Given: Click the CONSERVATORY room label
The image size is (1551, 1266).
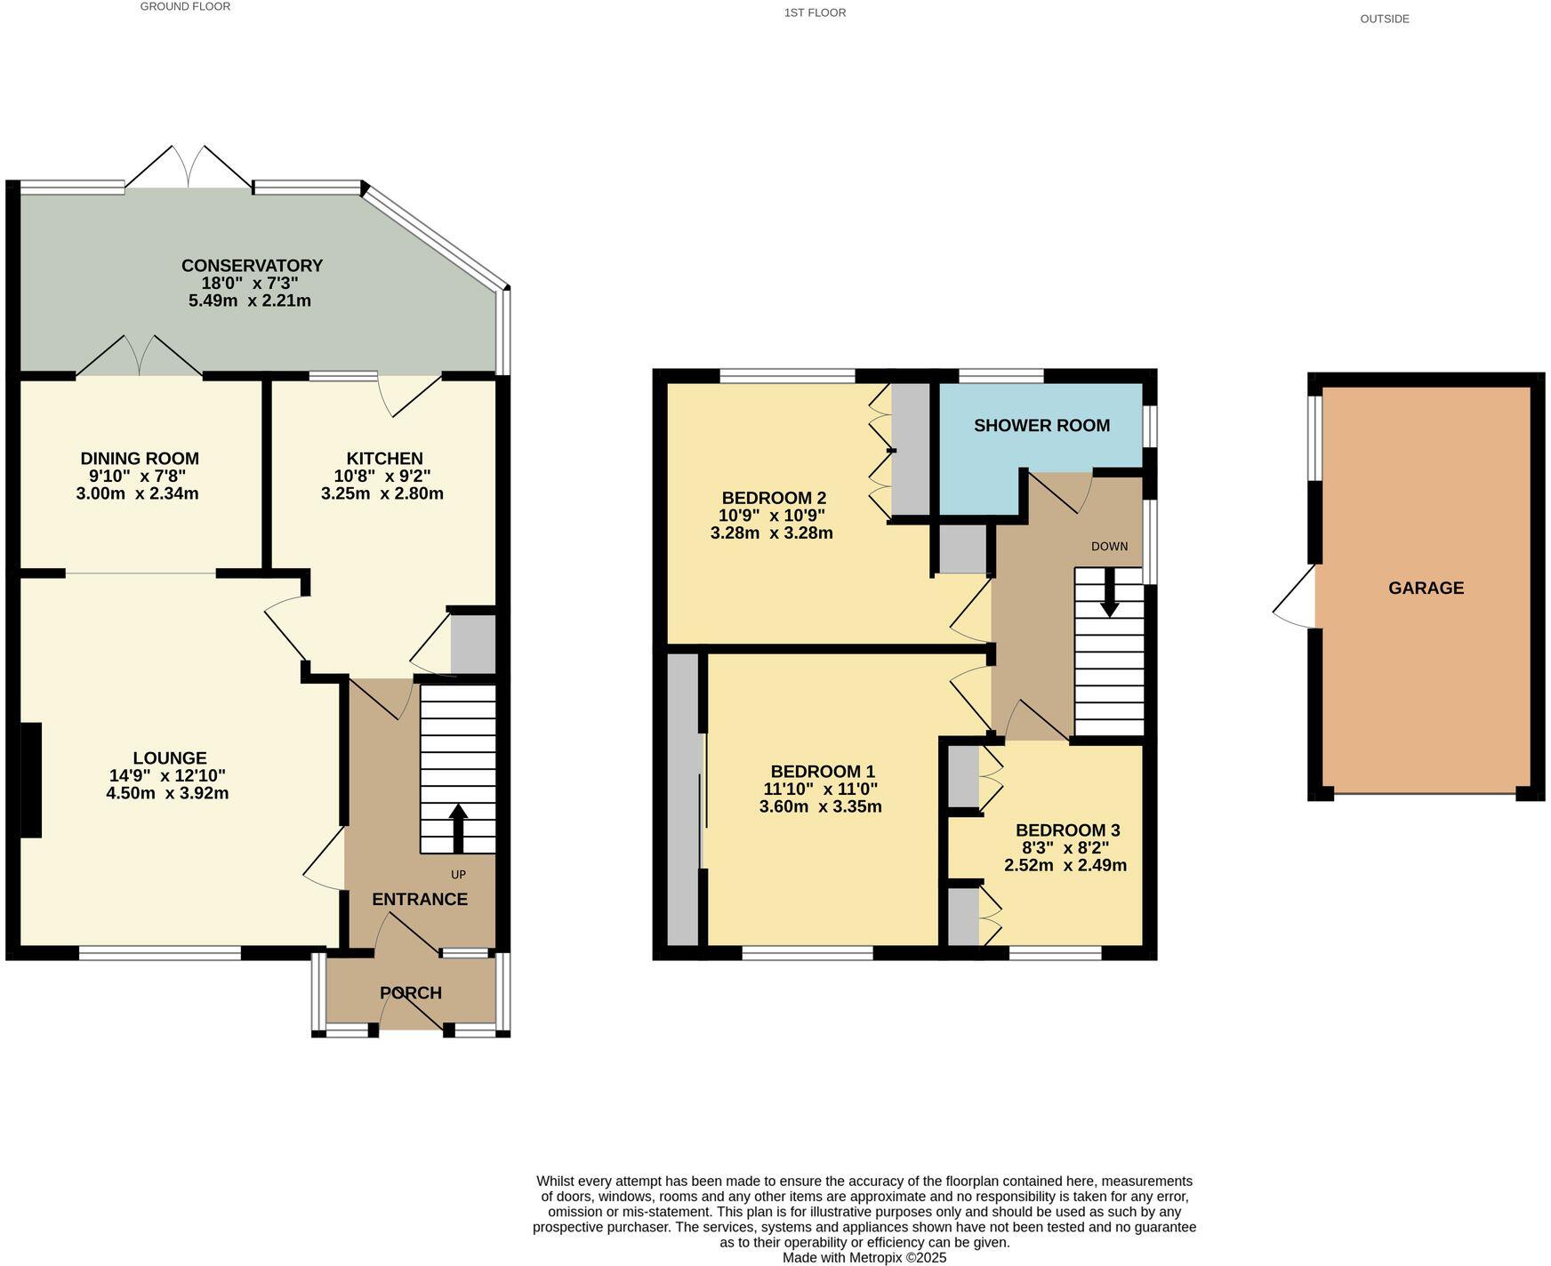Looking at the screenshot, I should point(252,266).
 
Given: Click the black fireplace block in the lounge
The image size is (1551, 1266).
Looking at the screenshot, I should point(30,780).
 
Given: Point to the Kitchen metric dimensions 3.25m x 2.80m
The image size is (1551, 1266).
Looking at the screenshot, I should point(382,493).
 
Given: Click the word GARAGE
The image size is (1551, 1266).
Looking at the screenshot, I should point(1426,588).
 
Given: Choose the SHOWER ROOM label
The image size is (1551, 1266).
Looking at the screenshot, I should point(1041,426).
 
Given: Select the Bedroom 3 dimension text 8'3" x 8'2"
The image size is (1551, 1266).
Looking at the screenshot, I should point(1065,848).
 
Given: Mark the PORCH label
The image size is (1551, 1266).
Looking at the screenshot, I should point(411,993).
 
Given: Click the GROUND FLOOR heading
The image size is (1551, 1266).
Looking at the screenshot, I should point(185,7).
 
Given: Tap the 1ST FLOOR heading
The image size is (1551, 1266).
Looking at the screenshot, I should point(815,12).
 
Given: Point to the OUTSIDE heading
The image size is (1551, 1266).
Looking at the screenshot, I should point(1384,19).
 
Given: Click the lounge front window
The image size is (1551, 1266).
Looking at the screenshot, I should point(160,954).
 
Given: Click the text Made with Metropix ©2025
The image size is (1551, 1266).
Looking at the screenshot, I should point(864,1258).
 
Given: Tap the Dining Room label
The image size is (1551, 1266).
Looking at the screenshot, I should point(140,459).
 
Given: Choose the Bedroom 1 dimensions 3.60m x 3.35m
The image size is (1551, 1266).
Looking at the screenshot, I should point(820,807).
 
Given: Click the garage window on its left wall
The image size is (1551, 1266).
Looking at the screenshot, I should point(1314,437).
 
